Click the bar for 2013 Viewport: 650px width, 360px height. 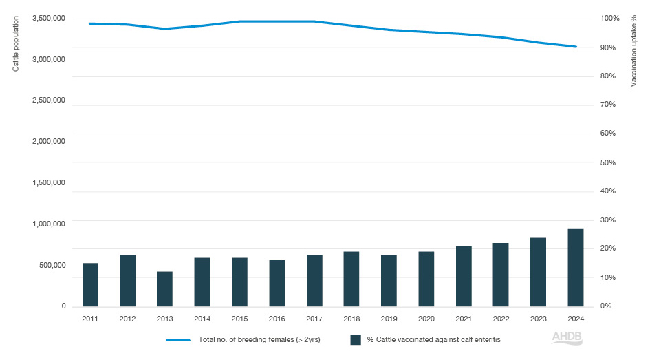pyautogui.click(x=164, y=288)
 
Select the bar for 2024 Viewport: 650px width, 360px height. pyautogui.click(x=575, y=267)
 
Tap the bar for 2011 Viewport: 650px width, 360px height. pyautogui.click(x=90, y=284)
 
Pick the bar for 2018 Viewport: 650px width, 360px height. pyautogui.click(x=351, y=279)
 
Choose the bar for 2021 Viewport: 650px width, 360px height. pyautogui.click(x=464, y=276)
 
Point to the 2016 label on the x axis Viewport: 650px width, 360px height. pyautogui.click(x=277, y=319)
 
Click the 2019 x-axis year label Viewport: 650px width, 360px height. pyautogui.click(x=389, y=319)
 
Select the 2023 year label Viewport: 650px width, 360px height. pyautogui.click(x=538, y=319)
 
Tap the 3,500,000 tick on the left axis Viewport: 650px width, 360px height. pyautogui.click(x=48, y=18)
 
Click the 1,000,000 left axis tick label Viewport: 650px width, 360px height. pyautogui.click(x=48, y=224)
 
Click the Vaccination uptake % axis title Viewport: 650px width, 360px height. pyautogui.click(x=633, y=52)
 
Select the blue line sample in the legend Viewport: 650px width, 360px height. pyautogui.click(x=177, y=339)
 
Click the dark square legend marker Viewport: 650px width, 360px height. pyautogui.click(x=356, y=339)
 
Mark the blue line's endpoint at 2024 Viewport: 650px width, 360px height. pyautogui.click(x=575, y=47)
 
